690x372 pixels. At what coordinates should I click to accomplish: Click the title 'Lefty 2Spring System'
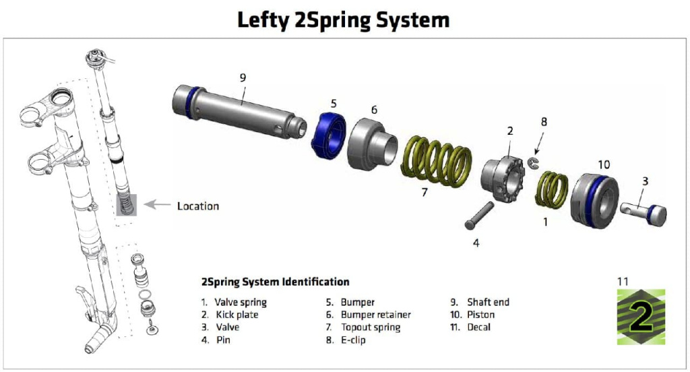pyautogui.click(x=344, y=20)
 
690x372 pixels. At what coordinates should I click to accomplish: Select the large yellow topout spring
pyautogui.click(x=437, y=162)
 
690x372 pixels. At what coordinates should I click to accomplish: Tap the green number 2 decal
pyautogui.click(x=641, y=317)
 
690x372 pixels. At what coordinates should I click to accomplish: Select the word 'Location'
pyautogui.click(x=198, y=206)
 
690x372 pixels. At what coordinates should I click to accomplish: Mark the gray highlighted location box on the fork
pyautogui.click(x=126, y=205)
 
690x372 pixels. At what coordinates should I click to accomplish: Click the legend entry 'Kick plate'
pyautogui.click(x=236, y=315)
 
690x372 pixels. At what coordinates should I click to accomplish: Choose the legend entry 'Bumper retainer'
pyautogui.click(x=375, y=315)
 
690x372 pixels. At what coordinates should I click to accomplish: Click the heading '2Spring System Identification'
pyautogui.click(x=275, y=282)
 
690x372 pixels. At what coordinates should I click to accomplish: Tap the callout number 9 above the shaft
pyautogui.click(x=243, y=77)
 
